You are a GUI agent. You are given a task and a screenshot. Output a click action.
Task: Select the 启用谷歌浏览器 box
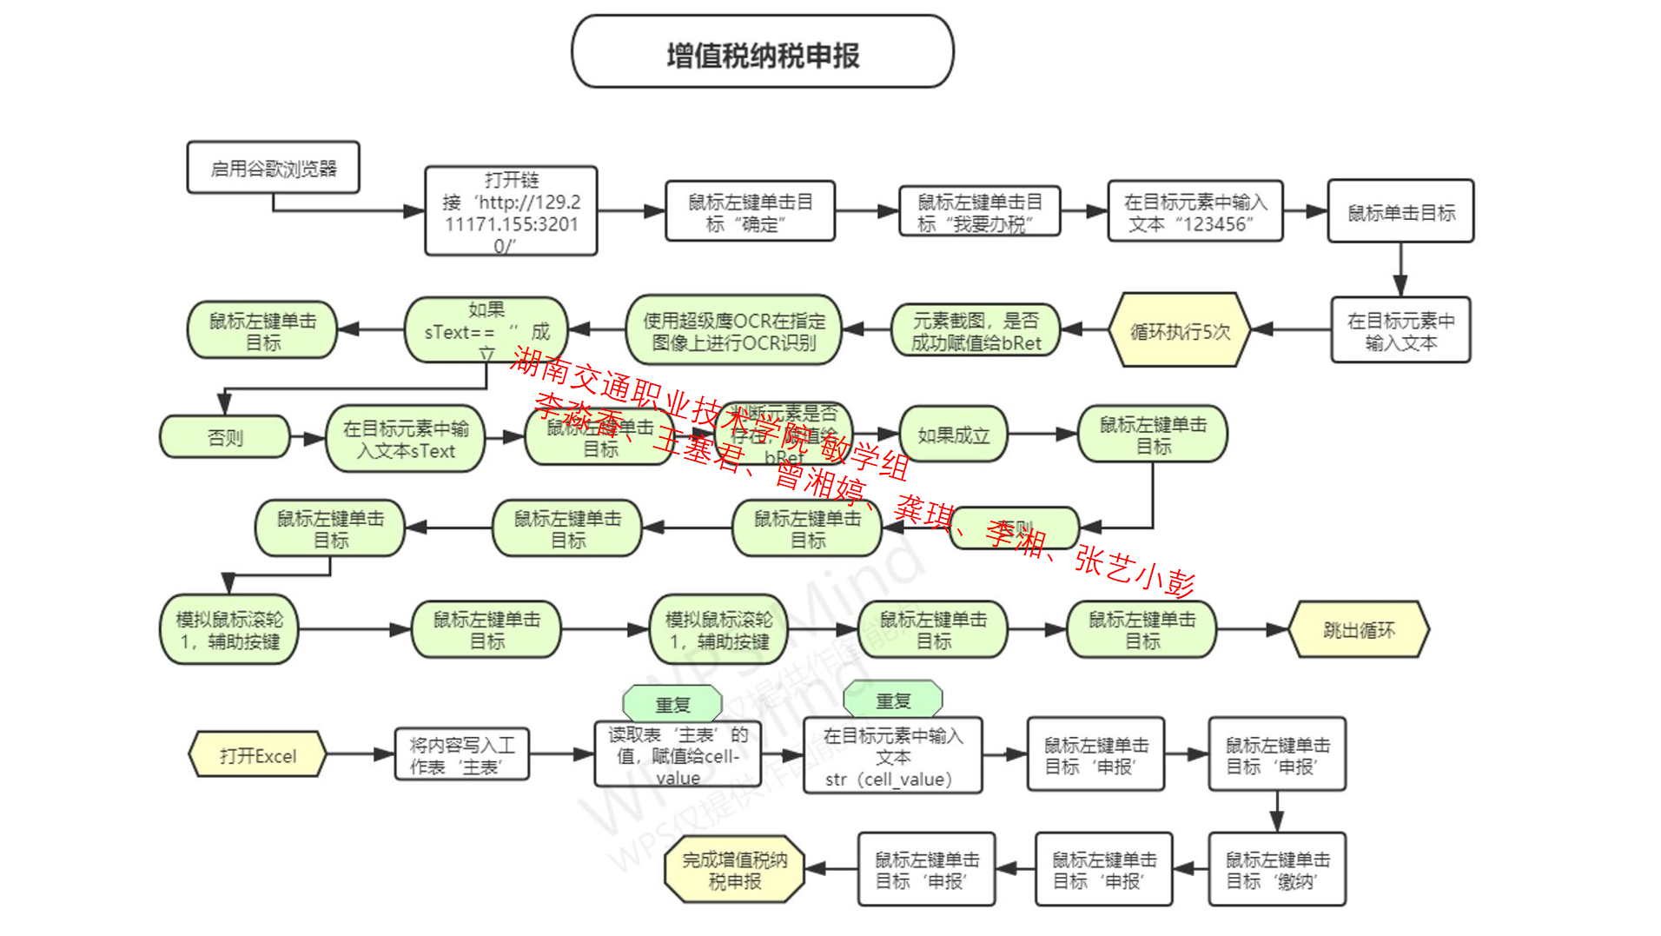point(273,168)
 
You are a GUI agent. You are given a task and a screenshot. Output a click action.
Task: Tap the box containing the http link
point(511,212)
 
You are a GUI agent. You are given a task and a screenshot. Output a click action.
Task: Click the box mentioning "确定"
point(750,212)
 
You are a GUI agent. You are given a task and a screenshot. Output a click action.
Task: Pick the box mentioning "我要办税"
point(979,212)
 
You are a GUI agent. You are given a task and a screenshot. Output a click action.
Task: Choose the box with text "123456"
point(1194,212)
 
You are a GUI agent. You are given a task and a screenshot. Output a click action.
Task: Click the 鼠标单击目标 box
point(1400,212)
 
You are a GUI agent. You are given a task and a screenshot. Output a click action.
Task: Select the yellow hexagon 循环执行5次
point(1180,331)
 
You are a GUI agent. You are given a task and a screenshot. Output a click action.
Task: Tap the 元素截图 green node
point(976,331)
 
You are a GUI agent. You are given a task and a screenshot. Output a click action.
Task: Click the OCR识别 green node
point(734,331)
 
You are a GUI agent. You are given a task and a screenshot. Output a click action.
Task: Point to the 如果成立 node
point(953,435)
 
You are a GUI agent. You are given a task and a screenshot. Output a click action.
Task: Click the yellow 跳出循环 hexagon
point(1359,629)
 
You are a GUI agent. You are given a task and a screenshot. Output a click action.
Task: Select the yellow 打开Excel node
point(257,754)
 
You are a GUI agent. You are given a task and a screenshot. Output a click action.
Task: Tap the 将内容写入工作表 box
point(461,754)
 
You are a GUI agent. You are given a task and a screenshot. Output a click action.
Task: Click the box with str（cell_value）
point(892,756)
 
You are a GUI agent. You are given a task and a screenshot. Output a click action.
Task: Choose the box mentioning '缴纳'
point(1277,870)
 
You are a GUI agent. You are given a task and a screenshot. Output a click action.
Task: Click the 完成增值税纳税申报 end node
point(734,870)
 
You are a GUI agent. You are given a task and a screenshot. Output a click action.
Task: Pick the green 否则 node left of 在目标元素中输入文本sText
point(225,437)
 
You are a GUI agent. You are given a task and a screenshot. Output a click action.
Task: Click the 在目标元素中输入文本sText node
point(405,439)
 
